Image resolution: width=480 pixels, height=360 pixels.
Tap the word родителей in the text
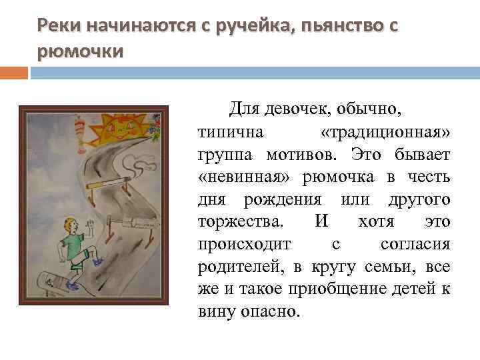pyautogui.click(x=243, y=267)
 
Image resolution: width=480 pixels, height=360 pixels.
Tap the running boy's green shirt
pyautogui.click(x=72, y=241)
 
